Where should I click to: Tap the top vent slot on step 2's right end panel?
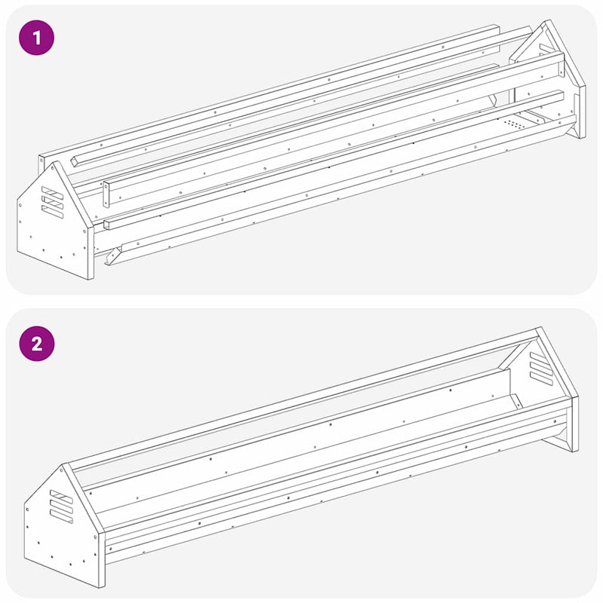point(540,357)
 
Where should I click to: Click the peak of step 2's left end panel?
point(67,464)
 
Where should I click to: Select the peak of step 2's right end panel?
point(538,329)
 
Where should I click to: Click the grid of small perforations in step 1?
point(514,122)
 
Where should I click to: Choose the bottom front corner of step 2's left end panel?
point(101,586)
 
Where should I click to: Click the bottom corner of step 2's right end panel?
point(576,450)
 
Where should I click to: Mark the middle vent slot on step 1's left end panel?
point(53,200)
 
